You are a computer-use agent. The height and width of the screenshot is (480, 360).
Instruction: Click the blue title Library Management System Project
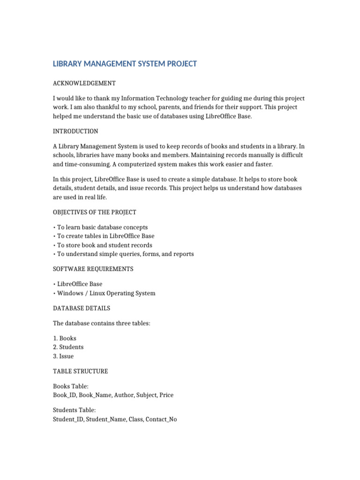pos(125,64)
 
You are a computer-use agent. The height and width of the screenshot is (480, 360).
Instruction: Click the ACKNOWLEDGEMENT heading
pos(84,83)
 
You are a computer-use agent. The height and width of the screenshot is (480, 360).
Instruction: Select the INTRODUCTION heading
pos(75,131)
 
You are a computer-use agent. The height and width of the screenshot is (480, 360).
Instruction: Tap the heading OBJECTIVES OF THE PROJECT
pos(95,212)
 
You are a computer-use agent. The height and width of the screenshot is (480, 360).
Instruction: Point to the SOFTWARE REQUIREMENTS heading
pos(93,269)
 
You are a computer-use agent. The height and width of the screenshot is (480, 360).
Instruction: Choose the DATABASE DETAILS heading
pos(82,308)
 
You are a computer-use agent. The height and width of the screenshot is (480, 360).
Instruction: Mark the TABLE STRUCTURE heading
pos(81,371)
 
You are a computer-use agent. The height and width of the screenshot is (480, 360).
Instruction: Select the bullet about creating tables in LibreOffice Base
pos(105,236)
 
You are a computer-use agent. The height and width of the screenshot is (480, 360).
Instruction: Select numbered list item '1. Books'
pos(65,338)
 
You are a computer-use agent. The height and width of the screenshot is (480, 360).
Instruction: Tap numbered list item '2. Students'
pos(68,347)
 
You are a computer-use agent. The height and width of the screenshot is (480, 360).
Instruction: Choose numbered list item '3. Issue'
pos(63,356)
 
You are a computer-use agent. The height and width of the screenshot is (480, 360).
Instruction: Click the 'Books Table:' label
pos(71,386)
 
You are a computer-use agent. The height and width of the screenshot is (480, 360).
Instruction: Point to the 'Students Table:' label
pos(75,410)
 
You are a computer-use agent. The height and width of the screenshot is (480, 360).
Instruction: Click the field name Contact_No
pos(161,419)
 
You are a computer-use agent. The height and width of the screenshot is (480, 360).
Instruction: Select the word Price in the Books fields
pos(166,395)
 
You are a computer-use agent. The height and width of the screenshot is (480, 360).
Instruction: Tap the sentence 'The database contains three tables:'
pos(102,323)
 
